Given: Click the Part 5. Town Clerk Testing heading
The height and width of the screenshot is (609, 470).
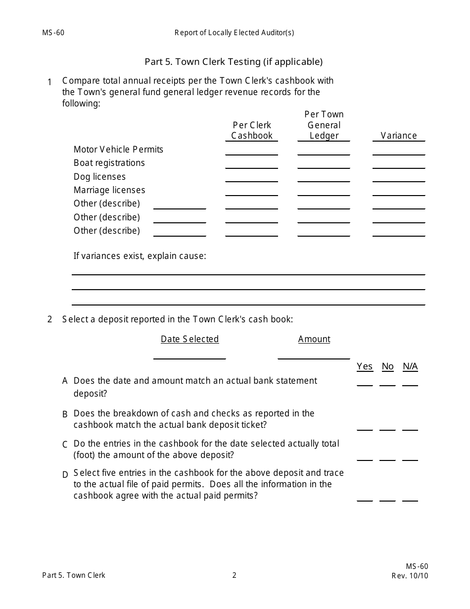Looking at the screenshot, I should [234, 62].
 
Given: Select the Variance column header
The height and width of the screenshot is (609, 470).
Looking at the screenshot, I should [398, 136].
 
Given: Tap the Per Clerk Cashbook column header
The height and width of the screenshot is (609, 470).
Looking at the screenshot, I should [252, 131].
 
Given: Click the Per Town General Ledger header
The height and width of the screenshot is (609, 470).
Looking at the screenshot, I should [324, 125].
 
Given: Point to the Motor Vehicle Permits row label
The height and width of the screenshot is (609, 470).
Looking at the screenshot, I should [118, 150].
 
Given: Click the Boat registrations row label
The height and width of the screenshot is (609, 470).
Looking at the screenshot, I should [109, 163].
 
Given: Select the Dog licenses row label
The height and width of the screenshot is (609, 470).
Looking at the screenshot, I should [99, 177].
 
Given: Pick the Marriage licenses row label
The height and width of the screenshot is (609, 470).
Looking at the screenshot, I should [109, 190].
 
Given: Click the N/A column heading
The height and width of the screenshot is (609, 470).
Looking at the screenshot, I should [410, 366].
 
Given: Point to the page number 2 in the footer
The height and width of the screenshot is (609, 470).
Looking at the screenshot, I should [235, 575].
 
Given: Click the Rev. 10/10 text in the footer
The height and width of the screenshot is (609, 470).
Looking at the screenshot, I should [410, 576].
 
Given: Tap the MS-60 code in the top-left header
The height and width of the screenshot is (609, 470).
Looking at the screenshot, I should [53, 33].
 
